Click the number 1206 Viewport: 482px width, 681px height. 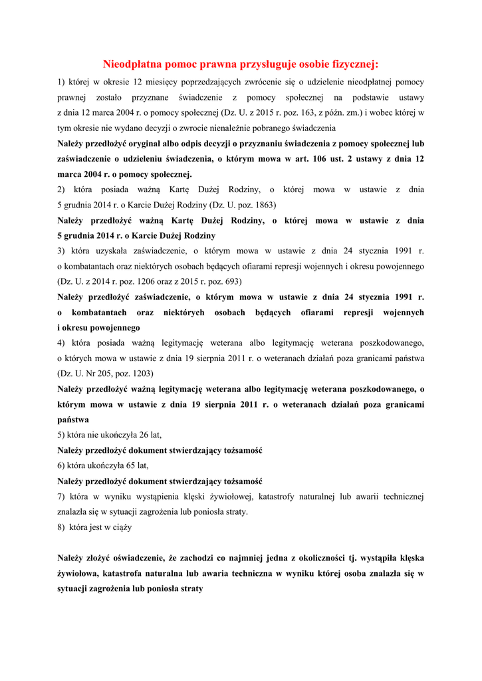(143, 281)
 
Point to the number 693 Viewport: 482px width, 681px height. (231, 281)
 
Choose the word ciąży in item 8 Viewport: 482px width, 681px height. (121, 527)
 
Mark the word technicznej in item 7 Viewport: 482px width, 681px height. (400, 497)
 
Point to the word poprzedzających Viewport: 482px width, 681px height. (207, 82)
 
